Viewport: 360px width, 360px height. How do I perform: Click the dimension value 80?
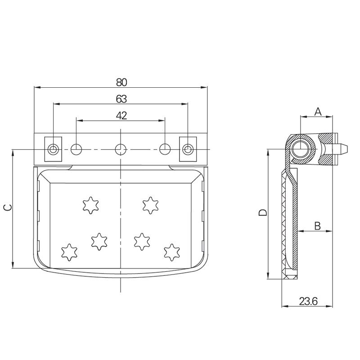(x=121, y=82)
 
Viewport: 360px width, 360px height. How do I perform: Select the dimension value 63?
(x=121, y=99)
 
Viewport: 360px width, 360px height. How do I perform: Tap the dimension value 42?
(x=121, y=115)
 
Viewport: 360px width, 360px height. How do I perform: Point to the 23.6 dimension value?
(x=308, y=302)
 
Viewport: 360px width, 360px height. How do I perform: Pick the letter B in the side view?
(x=317, y=226)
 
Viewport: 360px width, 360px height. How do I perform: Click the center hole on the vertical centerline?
(x=120, y=148)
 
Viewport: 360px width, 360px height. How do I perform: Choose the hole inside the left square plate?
(x=54, y=149)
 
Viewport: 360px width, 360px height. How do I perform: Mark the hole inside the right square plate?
(x=188, y=149)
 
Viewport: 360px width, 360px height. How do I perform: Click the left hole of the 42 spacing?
(x=76, y=148)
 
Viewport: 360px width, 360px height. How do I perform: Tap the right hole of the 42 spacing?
(x=165, y=148)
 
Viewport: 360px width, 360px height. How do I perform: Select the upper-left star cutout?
(x=90, y=205)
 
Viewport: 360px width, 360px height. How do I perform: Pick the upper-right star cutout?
(x=149, y=205)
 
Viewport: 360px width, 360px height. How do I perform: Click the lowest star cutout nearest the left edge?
(x=68, y=252)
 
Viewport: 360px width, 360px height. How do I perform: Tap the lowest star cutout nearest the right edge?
(x=171, y=252)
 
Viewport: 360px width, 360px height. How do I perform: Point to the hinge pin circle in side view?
(x=300, y=148)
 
